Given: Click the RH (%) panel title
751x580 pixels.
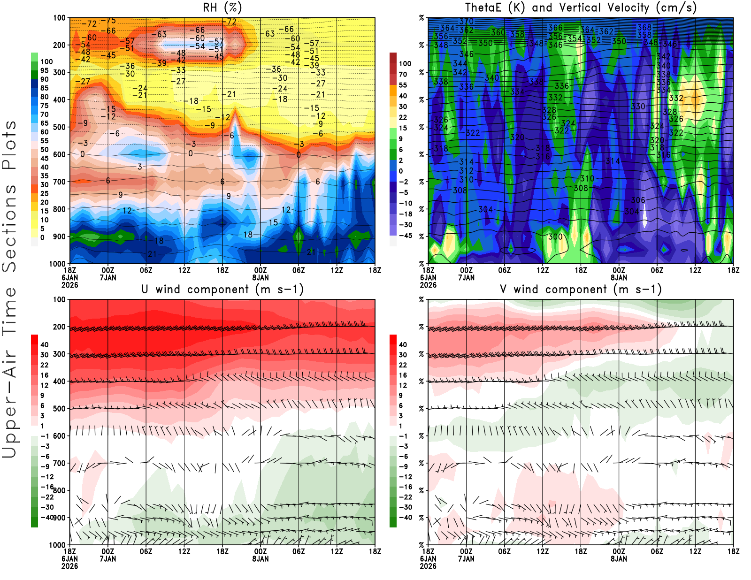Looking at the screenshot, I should pyautogui.click(x=222, y=8).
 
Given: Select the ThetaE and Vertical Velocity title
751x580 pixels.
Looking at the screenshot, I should pyautogui.click(x=581, y=8).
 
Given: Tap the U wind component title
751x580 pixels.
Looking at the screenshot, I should pyautogui.click(x=222, y=289).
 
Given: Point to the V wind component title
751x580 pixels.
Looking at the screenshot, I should pyautogui.click(x=581, y=289).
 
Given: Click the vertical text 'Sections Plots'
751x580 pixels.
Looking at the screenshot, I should pyautogui.click(x=9, y=196).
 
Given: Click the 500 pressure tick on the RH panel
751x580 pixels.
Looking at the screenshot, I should pyautogui.click(x=59, y=127).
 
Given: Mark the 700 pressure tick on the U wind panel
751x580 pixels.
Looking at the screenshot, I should pyautogui.click(x=59, y=463).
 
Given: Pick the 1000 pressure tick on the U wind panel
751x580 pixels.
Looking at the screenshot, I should pyautogui.click(x=57, y=545).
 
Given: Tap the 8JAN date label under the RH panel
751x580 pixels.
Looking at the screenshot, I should pyautogui.click(x=261, y=277).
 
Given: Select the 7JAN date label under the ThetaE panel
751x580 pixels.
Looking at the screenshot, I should pyautogui.click(x=466, y=277).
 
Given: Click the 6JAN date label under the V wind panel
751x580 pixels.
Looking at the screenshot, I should pyautogui.click(x=428, y=559).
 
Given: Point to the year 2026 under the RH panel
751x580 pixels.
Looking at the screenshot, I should pyautogui.click(x=69, y=285).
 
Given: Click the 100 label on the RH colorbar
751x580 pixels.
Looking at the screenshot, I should pyautogui.click(x=46, y=61).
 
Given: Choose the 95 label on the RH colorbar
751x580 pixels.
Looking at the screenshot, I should pyautogui.click(x=44, y=70).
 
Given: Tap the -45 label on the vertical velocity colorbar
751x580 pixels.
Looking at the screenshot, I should pyautogui.click(x=405, y=236).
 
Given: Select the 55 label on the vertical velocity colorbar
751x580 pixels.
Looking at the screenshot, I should pyautogui.click(x=403, y=85).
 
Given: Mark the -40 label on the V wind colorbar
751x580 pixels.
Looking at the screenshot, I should pyautogui.click(x=405, y=518).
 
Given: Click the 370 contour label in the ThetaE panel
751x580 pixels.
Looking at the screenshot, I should pyautogui.click(x=466, y=22).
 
